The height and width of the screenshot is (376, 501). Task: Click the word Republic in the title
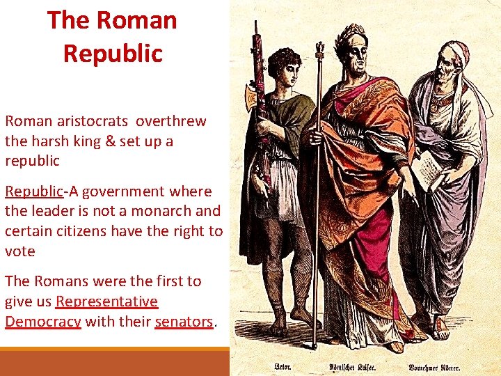coord(112,53)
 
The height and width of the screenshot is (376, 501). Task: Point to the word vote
coord(19,251)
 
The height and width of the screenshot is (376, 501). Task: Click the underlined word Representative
coord(107,301)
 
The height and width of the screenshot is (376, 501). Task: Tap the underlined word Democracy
coord(43,322)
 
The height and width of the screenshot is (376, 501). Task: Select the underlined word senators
coord(184,322)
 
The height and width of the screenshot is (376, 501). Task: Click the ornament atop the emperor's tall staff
coord(320,49)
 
